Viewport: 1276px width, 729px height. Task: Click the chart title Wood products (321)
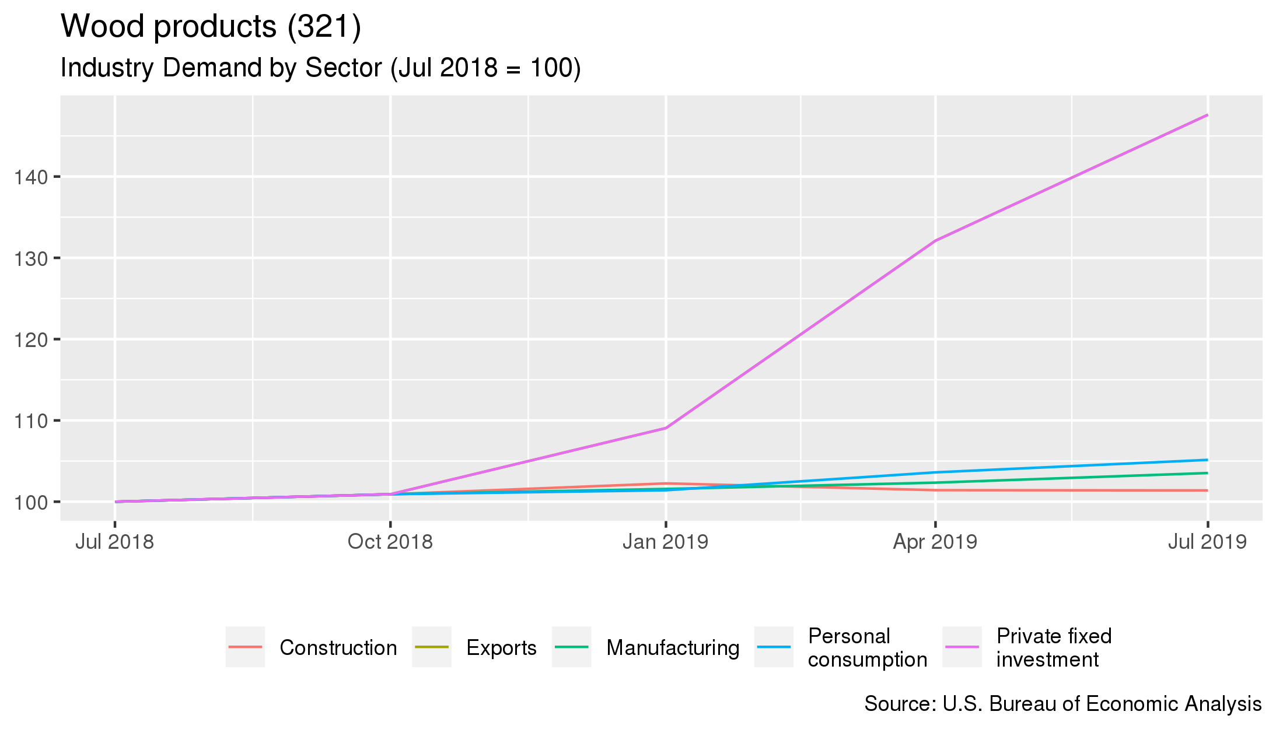(x=211, y=27)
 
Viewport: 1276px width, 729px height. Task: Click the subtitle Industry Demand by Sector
(x=320, y=68)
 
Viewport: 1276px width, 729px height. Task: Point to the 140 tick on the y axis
(x=31, y=177)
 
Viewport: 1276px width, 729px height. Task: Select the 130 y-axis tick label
(x=31, y=258)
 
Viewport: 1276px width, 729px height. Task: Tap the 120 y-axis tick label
(x=31, y=339)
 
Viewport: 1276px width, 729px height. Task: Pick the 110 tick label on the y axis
(x=31, y=421)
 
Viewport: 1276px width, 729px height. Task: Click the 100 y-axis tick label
(x=31, y=502)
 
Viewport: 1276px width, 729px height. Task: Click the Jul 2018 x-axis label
(x=114, y=542)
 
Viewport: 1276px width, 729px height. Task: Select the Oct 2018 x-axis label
(x=390, y=542)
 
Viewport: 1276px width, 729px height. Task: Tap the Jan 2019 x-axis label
(x=665, y=542)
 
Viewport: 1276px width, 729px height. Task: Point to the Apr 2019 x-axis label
(x=935, y=542)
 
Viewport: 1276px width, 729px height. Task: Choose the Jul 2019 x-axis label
(x=1207, y=542)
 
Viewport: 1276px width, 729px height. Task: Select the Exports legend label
(x=501, y=648)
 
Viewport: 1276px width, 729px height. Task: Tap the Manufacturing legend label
(x=673, y=648)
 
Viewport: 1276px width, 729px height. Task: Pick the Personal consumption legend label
(x=867, y=648)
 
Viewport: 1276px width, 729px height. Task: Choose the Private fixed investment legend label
(x=1054, y=648)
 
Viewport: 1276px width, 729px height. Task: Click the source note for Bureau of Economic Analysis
(x=1062, y=704)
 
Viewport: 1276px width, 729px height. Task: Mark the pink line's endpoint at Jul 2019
(x=1207, y=115)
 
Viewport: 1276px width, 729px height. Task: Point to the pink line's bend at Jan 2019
(x=666, y=428)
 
